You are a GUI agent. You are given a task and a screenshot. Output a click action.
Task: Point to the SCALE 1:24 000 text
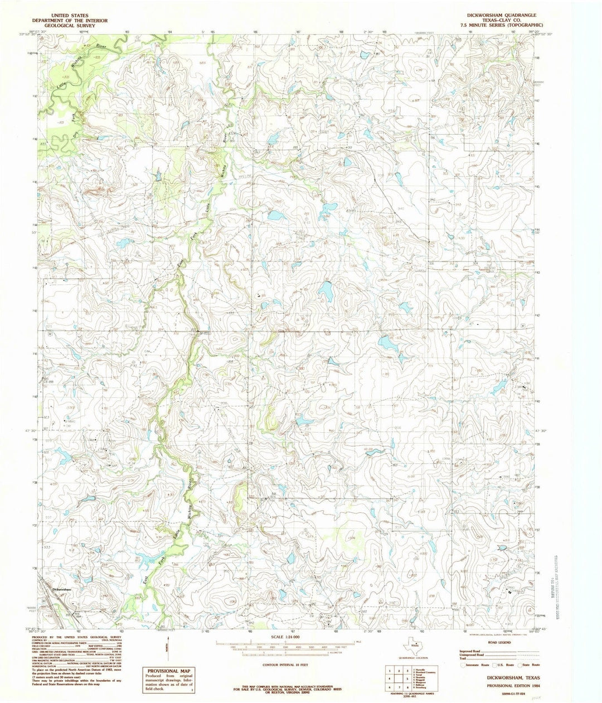pyautogui.click(x=285, y=637)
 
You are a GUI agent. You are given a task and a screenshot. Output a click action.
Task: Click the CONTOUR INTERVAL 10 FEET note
pyautogui.click(x=285, y=665)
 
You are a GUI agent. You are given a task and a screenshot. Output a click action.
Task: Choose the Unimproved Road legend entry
pyautogui.click(x=474, y=655)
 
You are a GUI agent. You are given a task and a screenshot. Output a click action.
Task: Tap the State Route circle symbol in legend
pyautogui.click(x=520, y=665)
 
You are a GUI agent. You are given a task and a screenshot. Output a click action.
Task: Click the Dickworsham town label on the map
pyautogui.click(x=60, y=589)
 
